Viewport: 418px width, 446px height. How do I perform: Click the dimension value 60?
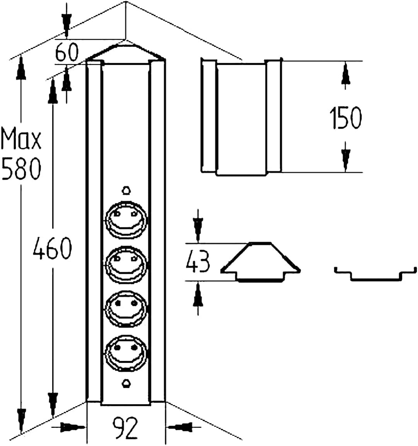pyautogui.click(x=66, y=52)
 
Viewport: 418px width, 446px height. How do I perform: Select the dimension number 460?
pyautogui.click(x=52, y=248)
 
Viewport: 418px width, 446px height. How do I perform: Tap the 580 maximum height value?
pyautogui.click(x=21, y=169)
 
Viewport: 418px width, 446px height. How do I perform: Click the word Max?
pyautogui.click(x=21, y=139)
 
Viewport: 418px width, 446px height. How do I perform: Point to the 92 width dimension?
pyautogui.click(x=125, y=427)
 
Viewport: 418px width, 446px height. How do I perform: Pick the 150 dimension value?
pyautogui.click(x=346, y=118)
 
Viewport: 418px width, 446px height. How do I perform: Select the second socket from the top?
pyautogui.click(x=126, y=265)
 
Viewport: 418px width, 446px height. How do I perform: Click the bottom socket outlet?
pyautogui.click(x=126, y=353)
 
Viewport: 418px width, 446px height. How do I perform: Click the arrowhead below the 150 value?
pyautogui.click(x=346, y=157)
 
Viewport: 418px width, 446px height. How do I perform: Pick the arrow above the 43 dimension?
pyautogui.click(x=198, y=226)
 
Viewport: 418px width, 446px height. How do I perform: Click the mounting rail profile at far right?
pyautogui.click(x=375, y=274)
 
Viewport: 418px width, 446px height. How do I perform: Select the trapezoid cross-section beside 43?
pyautogui.click(x=260, y=262)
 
